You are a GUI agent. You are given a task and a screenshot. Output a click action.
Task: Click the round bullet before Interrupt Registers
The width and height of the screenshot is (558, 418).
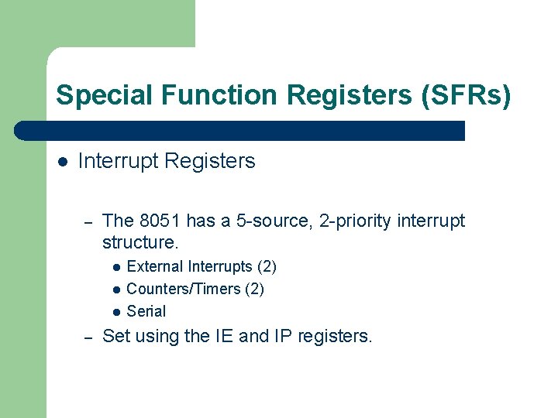click(63, 162)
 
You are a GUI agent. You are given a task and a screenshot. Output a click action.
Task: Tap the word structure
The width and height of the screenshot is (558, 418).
click(139, 243)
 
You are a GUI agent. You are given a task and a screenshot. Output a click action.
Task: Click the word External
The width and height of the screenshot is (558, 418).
click(150, 267)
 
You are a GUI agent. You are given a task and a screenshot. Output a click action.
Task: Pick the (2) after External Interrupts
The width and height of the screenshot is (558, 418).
click(267, 267)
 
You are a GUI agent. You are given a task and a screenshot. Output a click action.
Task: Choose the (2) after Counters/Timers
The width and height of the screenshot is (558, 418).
click(254, 290)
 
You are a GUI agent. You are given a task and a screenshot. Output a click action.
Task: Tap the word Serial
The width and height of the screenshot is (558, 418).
click(146, 311)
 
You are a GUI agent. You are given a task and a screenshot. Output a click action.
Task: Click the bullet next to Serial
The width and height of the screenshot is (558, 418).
click(115, 312)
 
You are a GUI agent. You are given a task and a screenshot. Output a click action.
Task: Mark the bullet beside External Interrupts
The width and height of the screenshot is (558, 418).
click(115, 268)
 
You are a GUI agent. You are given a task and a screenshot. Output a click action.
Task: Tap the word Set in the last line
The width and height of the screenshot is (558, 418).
click(115, 337)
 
